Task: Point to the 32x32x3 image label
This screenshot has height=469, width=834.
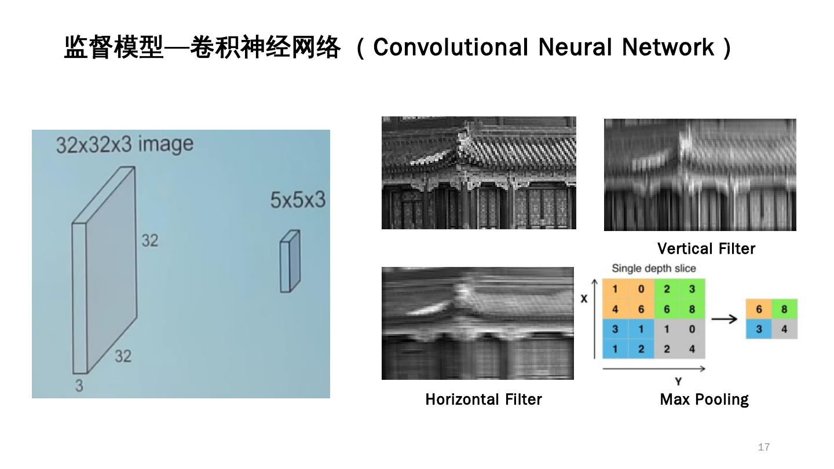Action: tap(125, 144)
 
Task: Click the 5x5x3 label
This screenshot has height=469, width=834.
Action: tap(298, 200)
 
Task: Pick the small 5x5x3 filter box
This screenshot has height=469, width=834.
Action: tap(290, 262)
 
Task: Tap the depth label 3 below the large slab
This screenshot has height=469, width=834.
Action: tap(79, 385)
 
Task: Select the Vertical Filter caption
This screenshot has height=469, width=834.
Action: tap(706, 249)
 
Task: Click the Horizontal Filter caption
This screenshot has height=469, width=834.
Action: tap(484, 400)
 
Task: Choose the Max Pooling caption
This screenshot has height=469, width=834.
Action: tap(704, 400)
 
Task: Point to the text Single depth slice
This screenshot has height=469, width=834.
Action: tap(654, 269)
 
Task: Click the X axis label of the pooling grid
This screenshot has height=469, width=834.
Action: tap(584, 299)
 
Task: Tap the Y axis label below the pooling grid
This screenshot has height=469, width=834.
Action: tap(678, 381)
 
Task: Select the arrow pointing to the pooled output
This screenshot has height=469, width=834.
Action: tap(724, 319)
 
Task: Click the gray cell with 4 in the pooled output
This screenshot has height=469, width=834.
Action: tap(784, 329)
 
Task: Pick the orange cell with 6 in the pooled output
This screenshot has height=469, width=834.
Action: tap(759, 309)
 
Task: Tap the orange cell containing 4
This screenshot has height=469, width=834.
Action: tap(615, 309)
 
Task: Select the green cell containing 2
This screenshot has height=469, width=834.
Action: tap(667, 289)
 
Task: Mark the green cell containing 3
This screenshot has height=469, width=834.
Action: tap(692, 289)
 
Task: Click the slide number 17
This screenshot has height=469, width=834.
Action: tap(764, 447)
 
